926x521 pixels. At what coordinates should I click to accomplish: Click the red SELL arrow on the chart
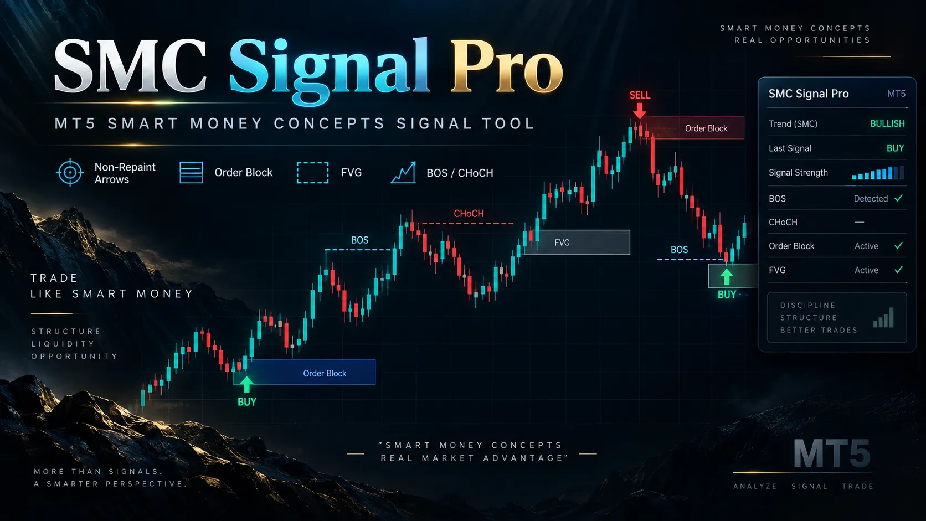point(640,110)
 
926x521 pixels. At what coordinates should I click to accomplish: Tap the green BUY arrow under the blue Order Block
point(246,385)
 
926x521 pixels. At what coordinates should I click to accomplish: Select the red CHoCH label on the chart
point(469,214)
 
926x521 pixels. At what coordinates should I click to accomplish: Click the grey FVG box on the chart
point(577,242)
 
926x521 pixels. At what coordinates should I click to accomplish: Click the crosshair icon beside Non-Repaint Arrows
point(70,172)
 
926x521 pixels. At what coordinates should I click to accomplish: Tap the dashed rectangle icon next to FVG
point(312,172)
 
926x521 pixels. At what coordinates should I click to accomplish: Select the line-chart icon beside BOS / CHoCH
point(403,172)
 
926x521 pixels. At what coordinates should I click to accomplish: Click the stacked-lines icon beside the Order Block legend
point(192,172)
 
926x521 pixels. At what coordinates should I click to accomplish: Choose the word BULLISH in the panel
point(887,123)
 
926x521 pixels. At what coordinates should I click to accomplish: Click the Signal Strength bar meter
point(878,173)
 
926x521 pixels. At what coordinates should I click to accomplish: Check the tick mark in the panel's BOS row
point(899,198)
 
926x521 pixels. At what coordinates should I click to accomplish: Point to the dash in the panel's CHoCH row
point(859,222)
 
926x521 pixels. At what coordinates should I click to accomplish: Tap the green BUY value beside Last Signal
point(895,148)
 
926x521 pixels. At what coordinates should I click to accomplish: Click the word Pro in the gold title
point(506,66)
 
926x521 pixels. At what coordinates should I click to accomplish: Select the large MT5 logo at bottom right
point(832,453)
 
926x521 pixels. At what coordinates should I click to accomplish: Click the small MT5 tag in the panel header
point(896,94)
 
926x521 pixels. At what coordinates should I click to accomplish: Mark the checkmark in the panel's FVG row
point(899,270)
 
